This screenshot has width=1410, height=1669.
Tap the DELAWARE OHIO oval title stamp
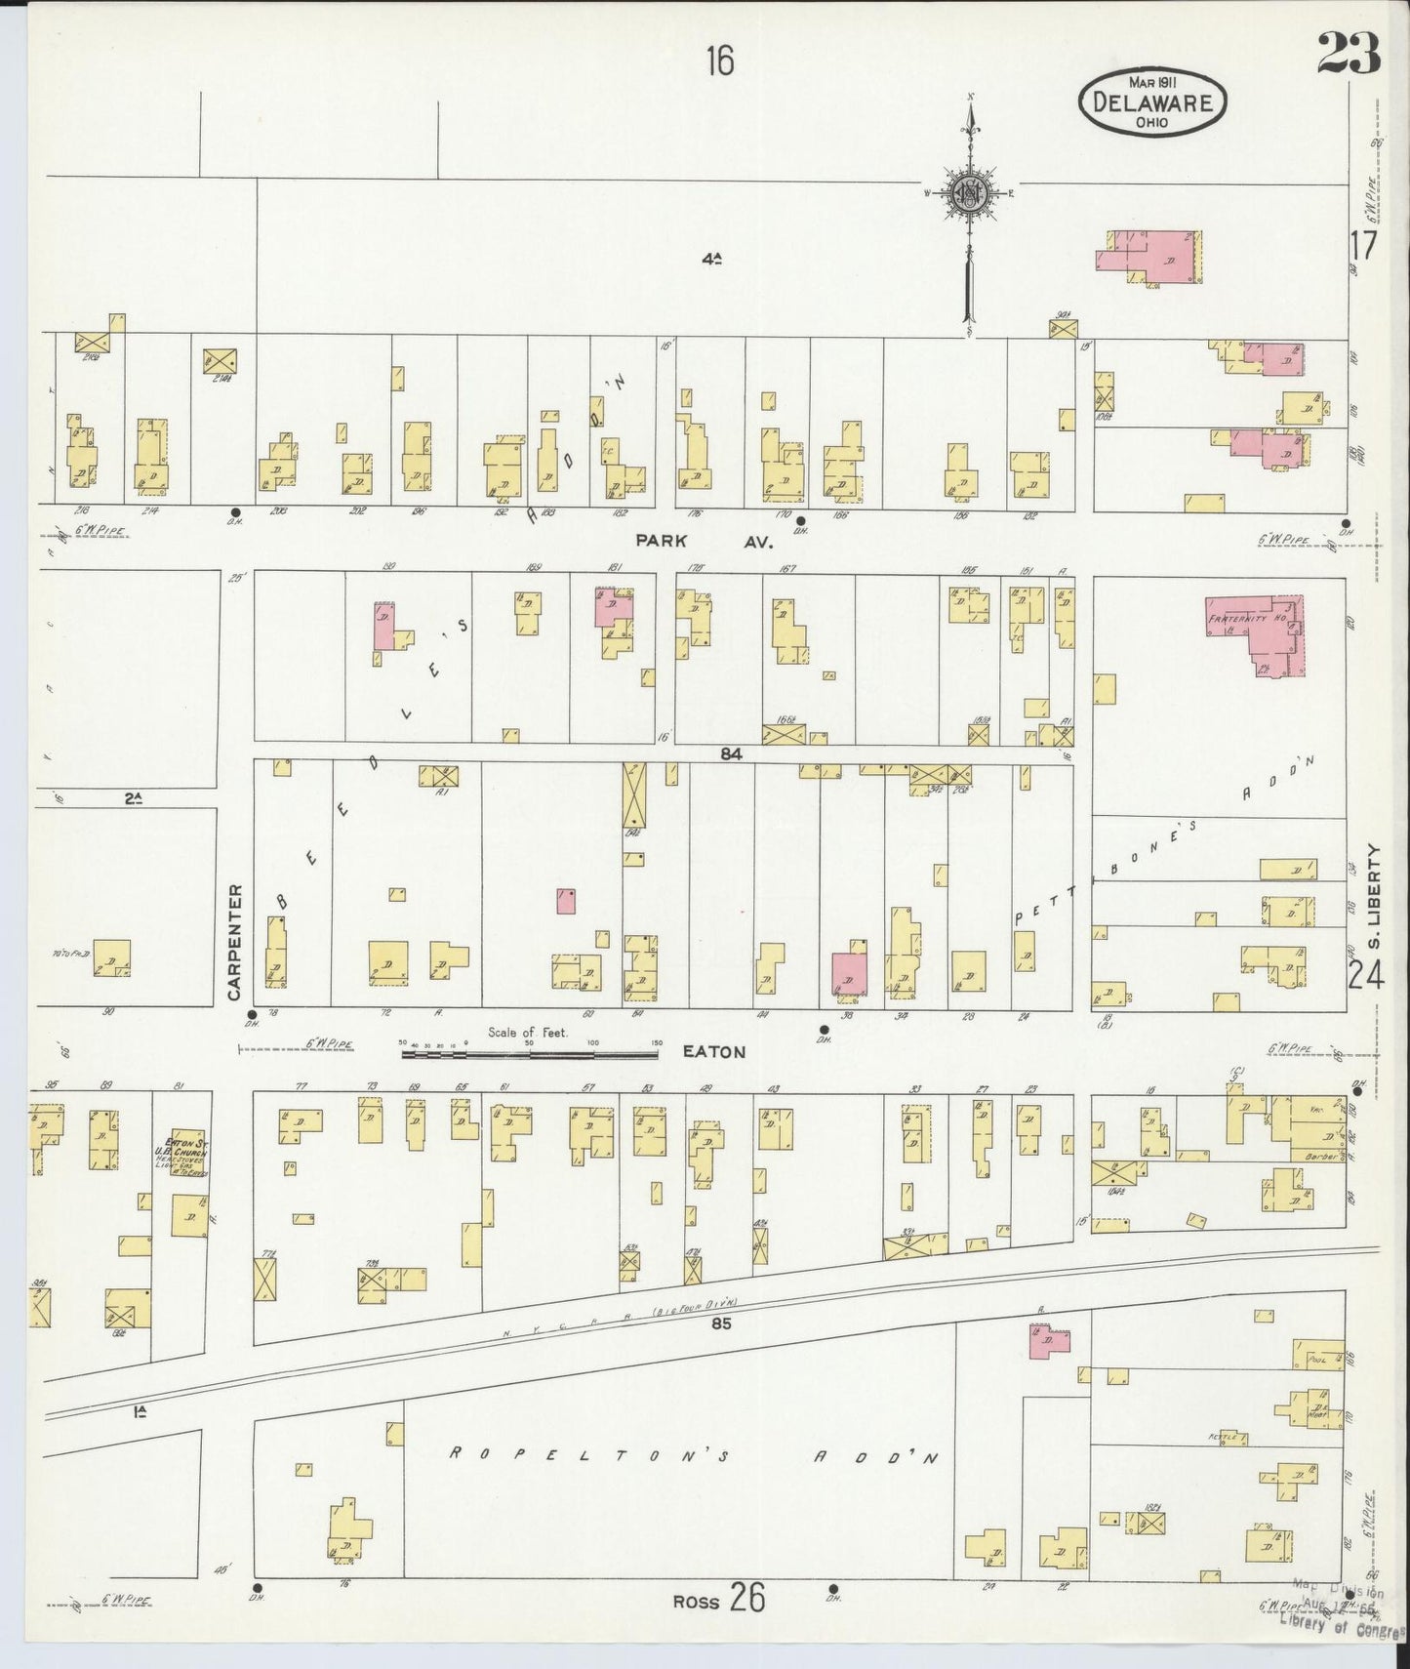coord(1151,101)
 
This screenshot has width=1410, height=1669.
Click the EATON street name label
coord(713,1052)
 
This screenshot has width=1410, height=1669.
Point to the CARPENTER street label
coord(234,942)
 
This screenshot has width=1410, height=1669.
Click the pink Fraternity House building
coord(1259,632)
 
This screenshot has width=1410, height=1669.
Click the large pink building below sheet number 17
coord(1151,257)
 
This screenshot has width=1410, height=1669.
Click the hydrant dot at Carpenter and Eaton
coord(252,1015)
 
